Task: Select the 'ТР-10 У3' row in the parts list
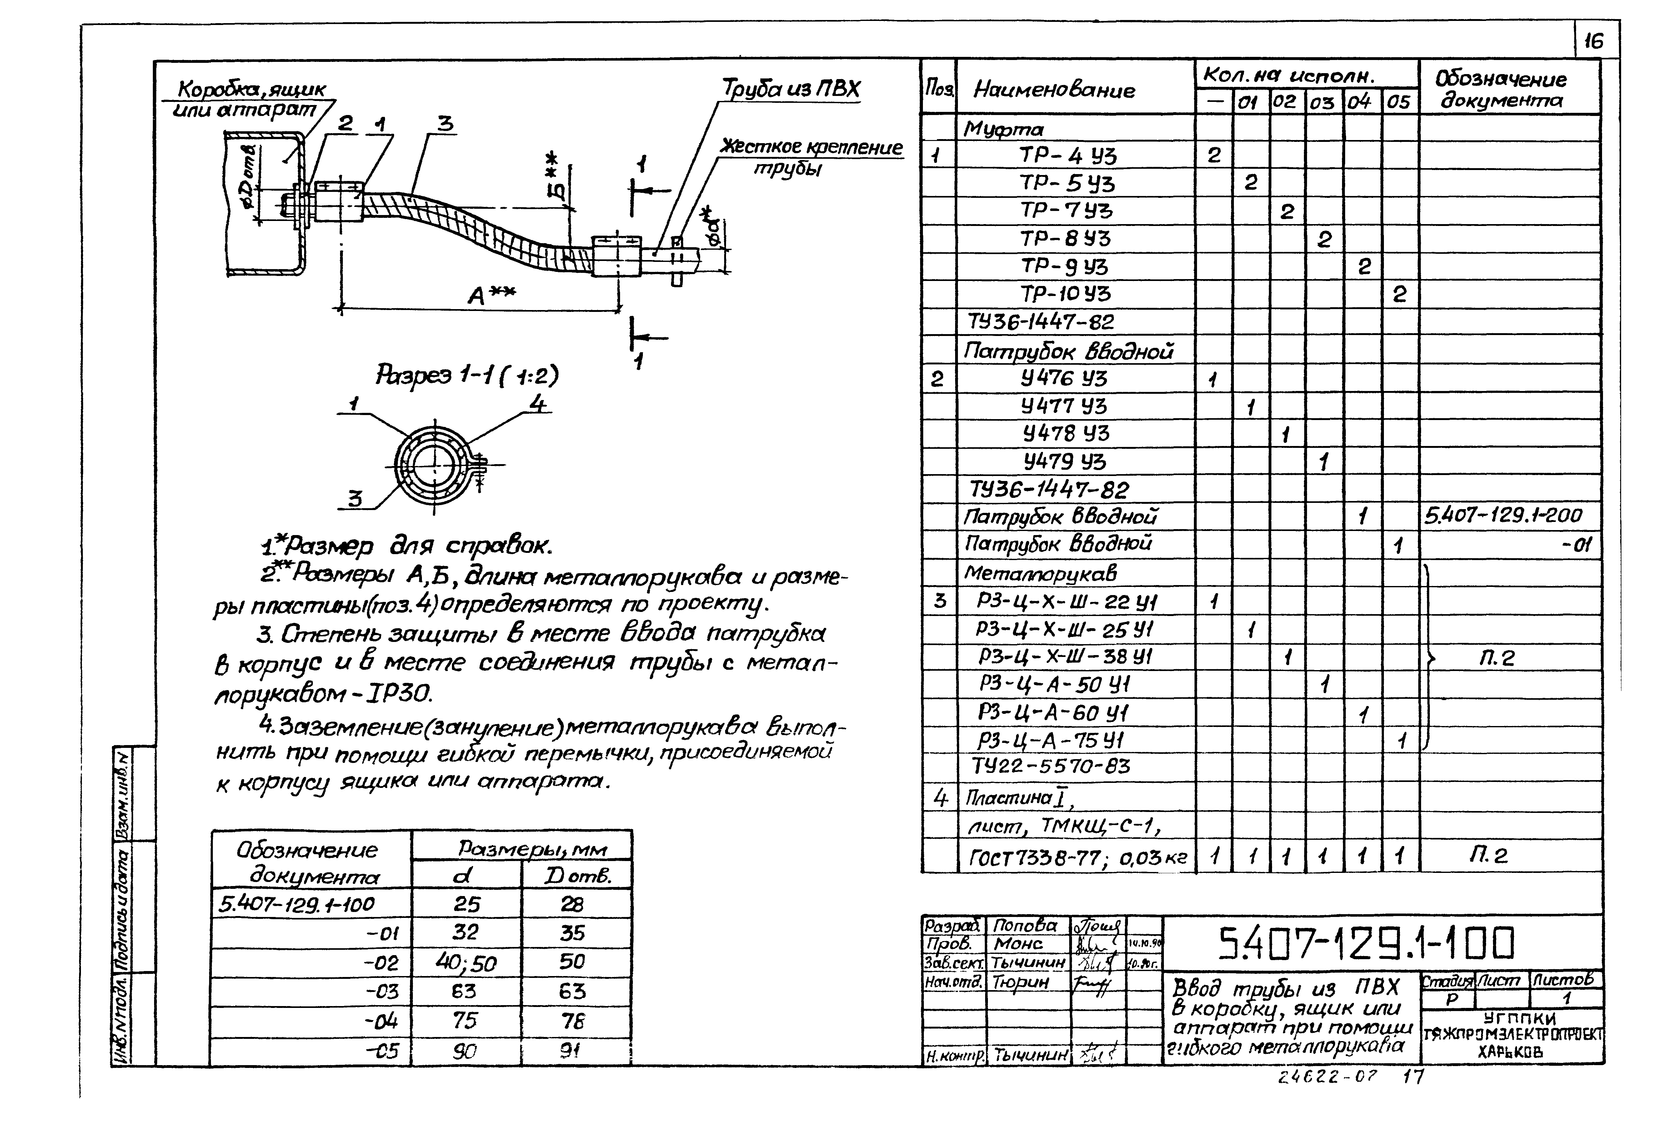[1065, 294]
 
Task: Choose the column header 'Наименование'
[1054, 90]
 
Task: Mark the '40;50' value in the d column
[466, 963]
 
